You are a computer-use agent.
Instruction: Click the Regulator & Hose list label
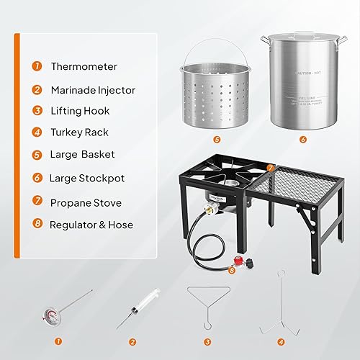pos(91,224)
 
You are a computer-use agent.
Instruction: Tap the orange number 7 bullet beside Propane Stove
pos(36,202)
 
